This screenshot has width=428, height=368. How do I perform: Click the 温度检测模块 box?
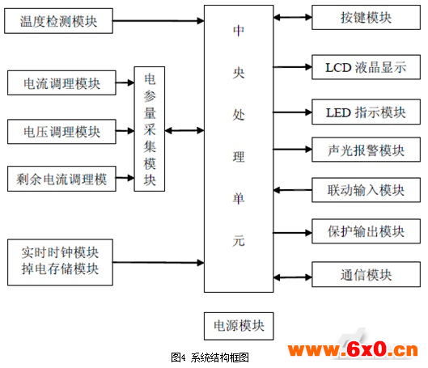(x=59, y=21)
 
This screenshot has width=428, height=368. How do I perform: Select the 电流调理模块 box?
(x=61, y=83)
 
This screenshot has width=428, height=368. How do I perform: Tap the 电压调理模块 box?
(x=61, y=132)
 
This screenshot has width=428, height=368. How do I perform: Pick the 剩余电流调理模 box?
(x=61, y=179)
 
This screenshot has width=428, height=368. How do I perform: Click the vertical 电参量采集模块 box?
(x=150, y=129)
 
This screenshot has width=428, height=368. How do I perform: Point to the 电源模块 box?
(x=239, y=326)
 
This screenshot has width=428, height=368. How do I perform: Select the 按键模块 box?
(x=366, y=18)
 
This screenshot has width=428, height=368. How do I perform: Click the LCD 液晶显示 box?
(x=366, y=67)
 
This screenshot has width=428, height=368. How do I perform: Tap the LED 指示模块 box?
(x=366, y=112)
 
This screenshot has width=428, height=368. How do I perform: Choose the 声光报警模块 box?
(x=366, y=150)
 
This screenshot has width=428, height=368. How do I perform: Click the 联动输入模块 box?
(x=366, y=190)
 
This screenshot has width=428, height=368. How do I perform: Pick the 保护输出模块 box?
(x=366, y=231)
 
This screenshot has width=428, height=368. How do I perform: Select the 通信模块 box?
(x=366, y=274)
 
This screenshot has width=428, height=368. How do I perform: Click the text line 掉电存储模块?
(x=60, y=269)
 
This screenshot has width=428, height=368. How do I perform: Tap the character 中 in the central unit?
(x=239, y=30)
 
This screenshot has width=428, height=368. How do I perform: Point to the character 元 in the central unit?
(x=239, y=241)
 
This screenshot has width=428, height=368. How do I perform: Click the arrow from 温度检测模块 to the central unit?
(x=159, y=20)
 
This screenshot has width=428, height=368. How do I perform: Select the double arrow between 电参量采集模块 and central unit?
(x=184, y=131)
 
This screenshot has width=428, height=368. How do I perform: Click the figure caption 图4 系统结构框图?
(x=210, y=357)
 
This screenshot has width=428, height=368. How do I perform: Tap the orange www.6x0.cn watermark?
(x=353, y=349)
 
